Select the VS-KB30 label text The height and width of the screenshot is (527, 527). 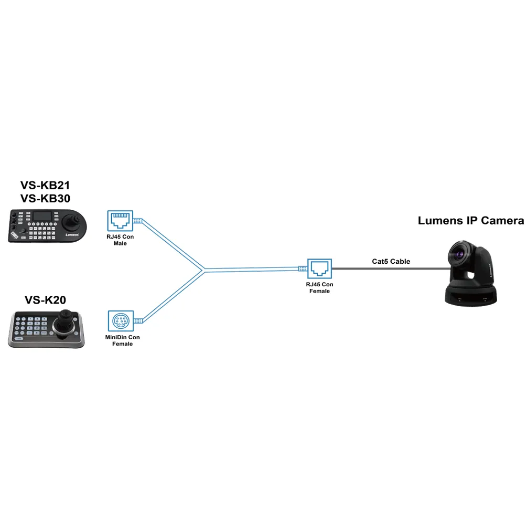(x=45, y=199)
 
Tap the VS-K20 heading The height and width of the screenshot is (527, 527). (x=45, y=300)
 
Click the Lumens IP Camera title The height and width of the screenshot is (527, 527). (x=470, y=221)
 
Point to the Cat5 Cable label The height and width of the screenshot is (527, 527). (x=388, y=261)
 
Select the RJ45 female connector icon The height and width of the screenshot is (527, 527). (x=319, y=268)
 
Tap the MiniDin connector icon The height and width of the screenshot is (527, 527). (x=119, y=320)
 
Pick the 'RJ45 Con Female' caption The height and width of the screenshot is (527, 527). (x=319, y=288)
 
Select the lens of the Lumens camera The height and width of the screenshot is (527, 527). (x=461, y=254)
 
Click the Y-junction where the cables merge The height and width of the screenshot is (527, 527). (x=202, y=270)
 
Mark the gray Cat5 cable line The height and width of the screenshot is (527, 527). (x=388, y=268)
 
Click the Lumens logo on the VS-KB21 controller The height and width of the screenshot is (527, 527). (x=73, y=235)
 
